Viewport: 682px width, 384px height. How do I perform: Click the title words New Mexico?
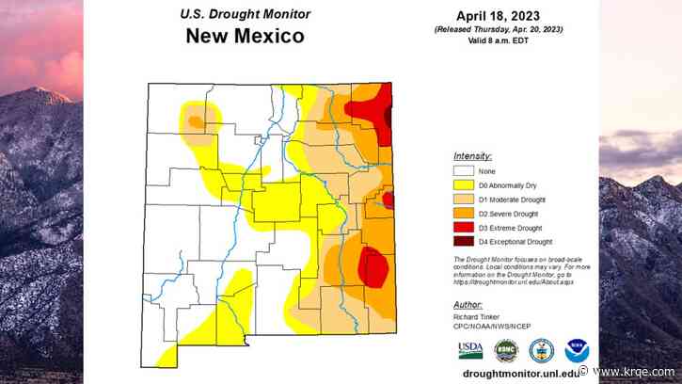(245, 37)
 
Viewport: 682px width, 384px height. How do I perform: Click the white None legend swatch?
(462, 171)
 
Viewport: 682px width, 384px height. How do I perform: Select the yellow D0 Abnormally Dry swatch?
(462, 185)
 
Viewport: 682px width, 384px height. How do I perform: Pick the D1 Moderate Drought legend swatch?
(462, 200)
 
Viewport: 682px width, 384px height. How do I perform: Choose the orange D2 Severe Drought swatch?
(462, 214)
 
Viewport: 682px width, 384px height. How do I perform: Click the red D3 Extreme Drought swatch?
(462, 228)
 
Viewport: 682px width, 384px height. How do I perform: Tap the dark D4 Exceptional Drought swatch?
(462, 242)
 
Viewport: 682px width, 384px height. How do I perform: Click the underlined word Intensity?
(472, 155)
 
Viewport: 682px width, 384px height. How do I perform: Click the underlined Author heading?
(468, 305)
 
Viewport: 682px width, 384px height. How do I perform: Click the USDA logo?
(470, 350)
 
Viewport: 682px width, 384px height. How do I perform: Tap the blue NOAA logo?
(576, 350)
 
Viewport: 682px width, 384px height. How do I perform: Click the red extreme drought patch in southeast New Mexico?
(373, 267)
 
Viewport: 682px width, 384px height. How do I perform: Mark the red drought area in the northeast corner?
(371, 109)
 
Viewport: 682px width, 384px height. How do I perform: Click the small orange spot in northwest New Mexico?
(196, 120)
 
